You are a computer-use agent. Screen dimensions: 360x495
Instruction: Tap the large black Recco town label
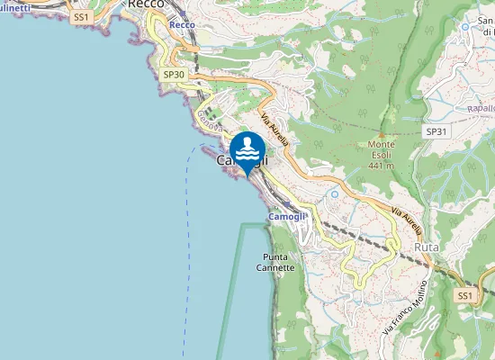[x=145, y=4]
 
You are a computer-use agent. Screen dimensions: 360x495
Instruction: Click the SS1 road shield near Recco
[x=82, y=17]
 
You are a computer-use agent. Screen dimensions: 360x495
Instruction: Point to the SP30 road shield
[x=174, y=75]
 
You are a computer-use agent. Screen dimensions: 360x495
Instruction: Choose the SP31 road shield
[x=436, y=131]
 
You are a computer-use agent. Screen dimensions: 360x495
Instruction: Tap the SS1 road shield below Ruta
[x=464, y=295]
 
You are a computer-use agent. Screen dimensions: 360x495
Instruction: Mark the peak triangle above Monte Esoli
[x=382, y=135]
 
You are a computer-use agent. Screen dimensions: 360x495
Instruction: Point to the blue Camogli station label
[x=288, y=217]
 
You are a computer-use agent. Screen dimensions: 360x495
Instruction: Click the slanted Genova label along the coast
[x=208, y=117]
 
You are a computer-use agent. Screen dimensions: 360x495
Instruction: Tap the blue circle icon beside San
[x=465, y=26]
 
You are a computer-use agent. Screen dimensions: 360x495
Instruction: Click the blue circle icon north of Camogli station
[x=335, y=193]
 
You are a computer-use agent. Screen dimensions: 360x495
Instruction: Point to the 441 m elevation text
[x=382, y=166]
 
